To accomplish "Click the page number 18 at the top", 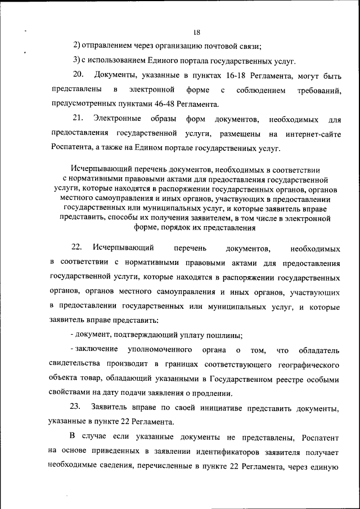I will (x=196, y=32).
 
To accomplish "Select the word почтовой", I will (x=222, y=46).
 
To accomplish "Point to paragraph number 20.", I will (x=78, y=75).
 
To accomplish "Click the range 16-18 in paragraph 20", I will (x=219, y=75).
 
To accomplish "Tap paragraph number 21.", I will (x=78, y=119).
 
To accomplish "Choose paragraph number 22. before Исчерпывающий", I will (x=77, y=247).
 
